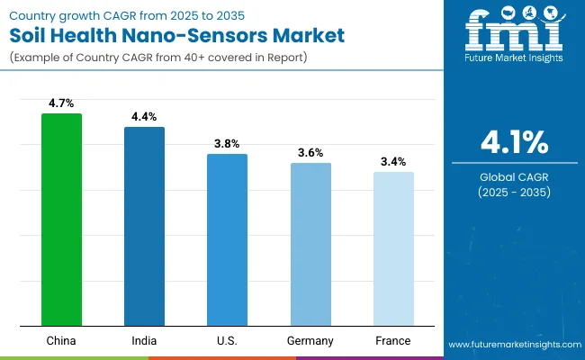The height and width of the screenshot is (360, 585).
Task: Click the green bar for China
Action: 61,220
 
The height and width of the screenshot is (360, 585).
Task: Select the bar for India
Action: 144,226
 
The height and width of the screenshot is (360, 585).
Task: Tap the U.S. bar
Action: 227,239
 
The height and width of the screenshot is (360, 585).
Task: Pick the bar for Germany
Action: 310,244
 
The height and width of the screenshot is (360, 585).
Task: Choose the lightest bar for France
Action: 393,248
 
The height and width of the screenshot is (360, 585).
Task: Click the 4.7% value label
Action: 61,103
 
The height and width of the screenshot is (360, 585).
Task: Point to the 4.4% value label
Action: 144,117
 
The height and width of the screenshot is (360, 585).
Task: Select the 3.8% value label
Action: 227,144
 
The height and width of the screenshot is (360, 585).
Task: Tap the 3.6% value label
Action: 310,153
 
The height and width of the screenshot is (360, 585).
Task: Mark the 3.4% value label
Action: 393,162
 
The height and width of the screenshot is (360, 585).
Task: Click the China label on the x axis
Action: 61,341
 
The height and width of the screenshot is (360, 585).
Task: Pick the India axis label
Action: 144,341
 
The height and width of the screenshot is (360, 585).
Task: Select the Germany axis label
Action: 310,341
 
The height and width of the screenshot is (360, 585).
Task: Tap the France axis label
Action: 393,341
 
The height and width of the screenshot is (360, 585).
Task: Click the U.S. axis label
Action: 227,341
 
